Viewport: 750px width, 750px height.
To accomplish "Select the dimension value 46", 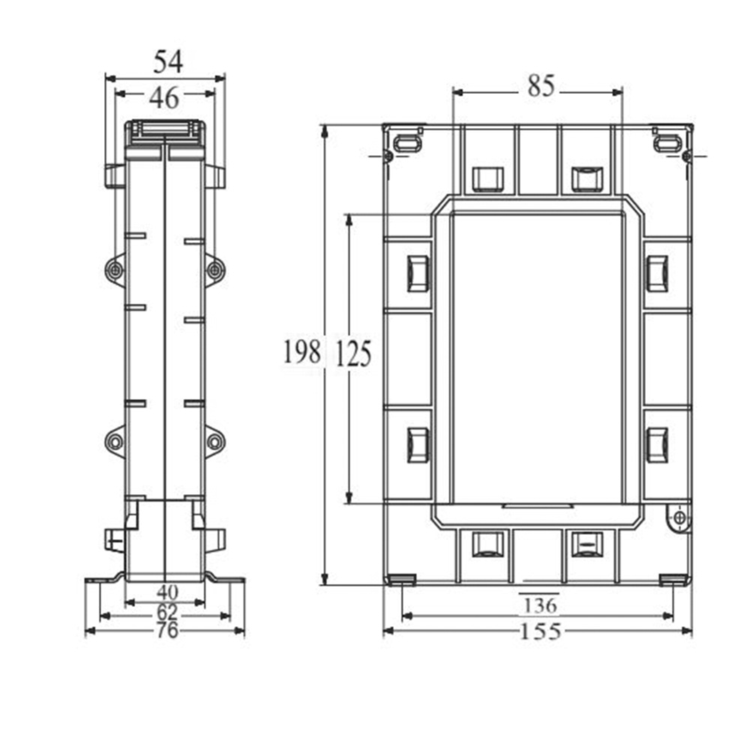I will click(164, 96).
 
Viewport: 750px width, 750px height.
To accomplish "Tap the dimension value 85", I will click(540, 87).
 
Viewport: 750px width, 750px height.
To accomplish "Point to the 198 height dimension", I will click(301, 352).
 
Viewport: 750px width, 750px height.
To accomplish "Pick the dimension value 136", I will click(539, 604).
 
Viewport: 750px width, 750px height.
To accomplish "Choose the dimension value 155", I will click(540, 631).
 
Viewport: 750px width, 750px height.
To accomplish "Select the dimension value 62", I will click(166, 612).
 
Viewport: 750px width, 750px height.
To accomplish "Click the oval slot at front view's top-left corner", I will click(407, 142).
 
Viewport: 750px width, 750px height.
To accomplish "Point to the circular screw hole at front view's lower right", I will click(679, 517).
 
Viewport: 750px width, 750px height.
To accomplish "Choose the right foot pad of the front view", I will click(673, 579).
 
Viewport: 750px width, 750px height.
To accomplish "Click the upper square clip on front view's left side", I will click(418, 273).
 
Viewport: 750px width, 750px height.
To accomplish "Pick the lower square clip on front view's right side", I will click(657, 445).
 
